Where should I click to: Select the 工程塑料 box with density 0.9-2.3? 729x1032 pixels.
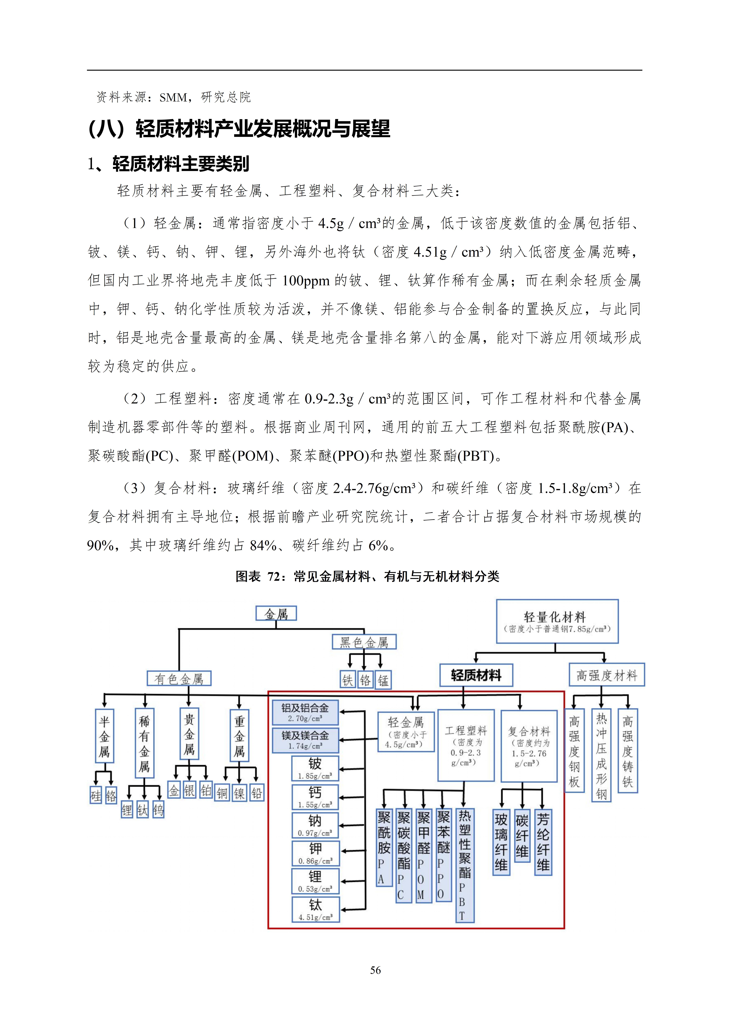(x=466, y=745)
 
